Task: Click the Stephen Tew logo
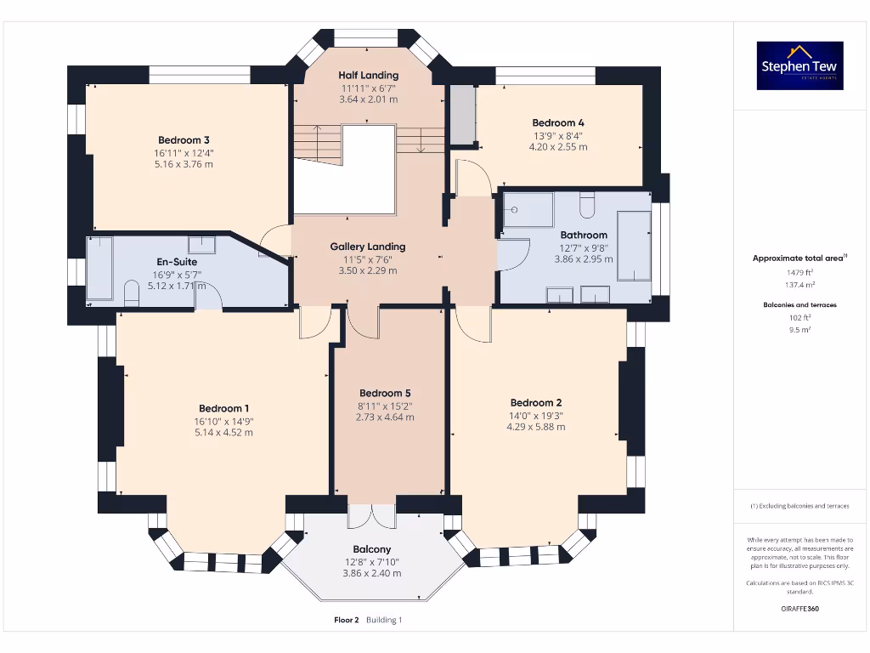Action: tap(800, 65)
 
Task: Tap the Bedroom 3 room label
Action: tap(184, 140)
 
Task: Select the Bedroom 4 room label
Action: tap(558, 122)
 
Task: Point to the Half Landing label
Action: tap(368, 76)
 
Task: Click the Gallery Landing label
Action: tap(368, 247)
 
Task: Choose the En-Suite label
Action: tap(177, 262)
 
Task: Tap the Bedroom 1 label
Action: tap(223, 408)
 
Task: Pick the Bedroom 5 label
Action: tap(385, 393)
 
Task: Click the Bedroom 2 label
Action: tap(535, 402)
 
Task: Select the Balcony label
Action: tap(372, 549)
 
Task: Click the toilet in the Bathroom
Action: tap(587, 205)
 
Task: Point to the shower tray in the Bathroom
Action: tap(528, 210)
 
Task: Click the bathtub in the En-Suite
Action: tap(99, 268)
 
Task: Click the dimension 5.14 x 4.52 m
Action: tap(223, 433)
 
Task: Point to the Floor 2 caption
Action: tap(347, 620)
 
